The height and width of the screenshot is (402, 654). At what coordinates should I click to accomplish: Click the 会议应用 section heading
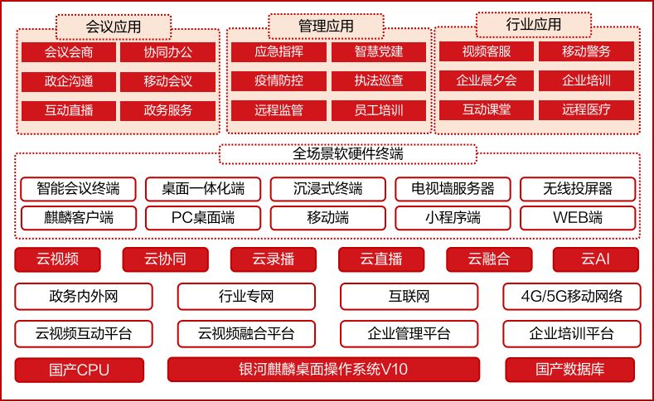(113, 27)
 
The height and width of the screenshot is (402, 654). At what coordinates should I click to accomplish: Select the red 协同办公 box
(167, 52)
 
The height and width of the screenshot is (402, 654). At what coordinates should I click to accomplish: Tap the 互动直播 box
(69, 110)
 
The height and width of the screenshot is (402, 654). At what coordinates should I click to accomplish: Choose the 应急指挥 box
(279, 51)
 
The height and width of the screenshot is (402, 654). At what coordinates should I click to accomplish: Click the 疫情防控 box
(279, 80)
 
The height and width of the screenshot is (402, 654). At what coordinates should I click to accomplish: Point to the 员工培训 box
(379, 110)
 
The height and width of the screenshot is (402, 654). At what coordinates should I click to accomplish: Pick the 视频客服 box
(487, 51)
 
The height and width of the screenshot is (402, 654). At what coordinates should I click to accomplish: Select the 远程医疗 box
(586, 109)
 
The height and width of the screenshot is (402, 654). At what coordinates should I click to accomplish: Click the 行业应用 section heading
(534, 25)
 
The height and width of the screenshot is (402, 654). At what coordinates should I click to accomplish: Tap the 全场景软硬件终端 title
(348, 154)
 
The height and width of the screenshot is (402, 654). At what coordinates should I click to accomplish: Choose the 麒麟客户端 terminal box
(79, 218)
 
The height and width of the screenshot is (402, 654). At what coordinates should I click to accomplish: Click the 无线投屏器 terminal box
(578, 189)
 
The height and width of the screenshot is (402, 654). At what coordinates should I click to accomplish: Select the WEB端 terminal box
(578, 218)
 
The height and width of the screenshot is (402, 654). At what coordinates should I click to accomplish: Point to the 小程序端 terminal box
(453, 218)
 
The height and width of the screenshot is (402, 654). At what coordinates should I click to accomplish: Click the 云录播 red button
(274, 259)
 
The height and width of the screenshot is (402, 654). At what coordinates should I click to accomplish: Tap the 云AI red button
(596, 259)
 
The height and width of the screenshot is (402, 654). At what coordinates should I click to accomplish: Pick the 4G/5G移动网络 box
(571, 297)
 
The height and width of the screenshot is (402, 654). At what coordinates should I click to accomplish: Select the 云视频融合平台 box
(246, 333)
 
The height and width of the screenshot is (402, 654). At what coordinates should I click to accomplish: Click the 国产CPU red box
(80, 370)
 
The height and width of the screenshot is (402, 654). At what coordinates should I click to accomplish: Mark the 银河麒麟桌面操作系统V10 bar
(323, 370)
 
